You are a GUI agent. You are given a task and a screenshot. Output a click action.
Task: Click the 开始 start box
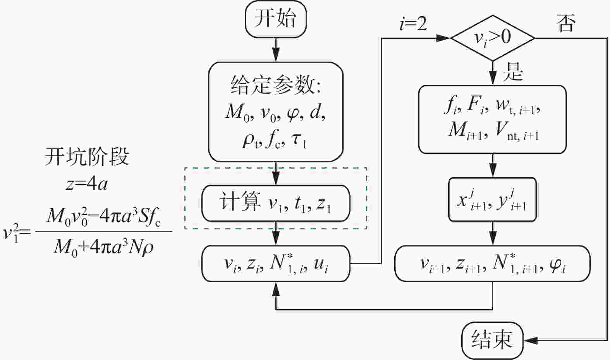pyautogui.click(x=276, y=19)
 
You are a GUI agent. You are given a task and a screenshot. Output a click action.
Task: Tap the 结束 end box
pyautogui.click(x=492, y=340)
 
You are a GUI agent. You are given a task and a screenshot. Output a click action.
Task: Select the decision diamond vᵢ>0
pyautogui.click(x=493, y=38)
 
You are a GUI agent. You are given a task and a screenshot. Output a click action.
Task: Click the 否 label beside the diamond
pyautogui.click(x=566, y=23)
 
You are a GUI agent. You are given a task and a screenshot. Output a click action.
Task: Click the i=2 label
pyautogui.click(x=413, y=24)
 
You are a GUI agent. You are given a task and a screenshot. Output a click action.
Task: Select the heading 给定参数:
pyautogui.click(x=276, y=85)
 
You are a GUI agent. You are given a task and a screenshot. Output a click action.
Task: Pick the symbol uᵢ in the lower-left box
pyautogui.click(x=321, y=264)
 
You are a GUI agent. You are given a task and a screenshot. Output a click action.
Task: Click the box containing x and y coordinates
pyautogui.click(x=492, y=200)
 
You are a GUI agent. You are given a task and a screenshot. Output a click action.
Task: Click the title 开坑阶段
pyautogui.click(x=87, y=157)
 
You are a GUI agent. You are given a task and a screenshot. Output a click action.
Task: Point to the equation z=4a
pyautogui.click(x=87, y=184)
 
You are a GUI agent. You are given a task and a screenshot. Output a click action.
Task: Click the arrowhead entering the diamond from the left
pyautogui.click(x=443, y=38)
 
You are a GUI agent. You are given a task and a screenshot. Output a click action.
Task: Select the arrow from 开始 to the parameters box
pyautogui.click(x=276, y=50)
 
